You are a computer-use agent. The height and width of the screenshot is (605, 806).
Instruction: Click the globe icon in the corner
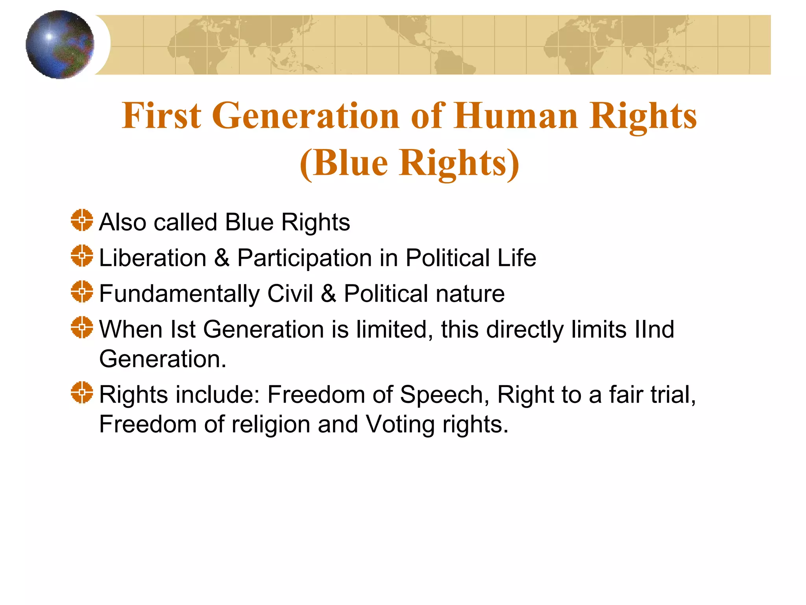(x=60, y=45)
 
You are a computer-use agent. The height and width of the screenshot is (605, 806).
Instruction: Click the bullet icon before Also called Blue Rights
(x=82, y=220)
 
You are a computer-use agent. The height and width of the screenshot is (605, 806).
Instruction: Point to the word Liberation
(x=153, y=258)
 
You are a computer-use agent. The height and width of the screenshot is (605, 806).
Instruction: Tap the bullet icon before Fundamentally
(x=82, y=292)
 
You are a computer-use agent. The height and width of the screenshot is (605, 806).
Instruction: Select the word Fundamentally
(x=179, y=294)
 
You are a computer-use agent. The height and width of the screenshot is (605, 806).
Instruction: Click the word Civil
(x=290, y=293)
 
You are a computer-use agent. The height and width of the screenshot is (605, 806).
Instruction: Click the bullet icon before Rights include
(x=82, y=392)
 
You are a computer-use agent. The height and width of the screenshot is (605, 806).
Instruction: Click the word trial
(x=673, y=395)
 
